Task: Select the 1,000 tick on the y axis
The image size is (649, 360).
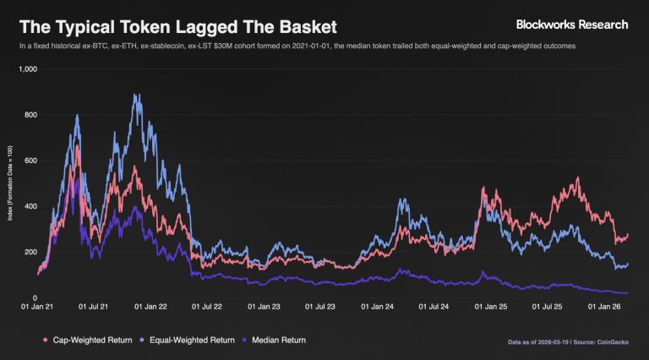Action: (x=29, y=69)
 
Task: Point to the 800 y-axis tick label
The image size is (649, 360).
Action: (x=31, y=115)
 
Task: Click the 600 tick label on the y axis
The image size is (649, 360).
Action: (x=31, y=161)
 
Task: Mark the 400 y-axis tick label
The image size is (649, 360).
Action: (x=31, y=206)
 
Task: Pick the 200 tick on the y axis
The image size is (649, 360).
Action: (x=31, y=252)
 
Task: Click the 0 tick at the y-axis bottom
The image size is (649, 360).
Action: (x=35, y=297)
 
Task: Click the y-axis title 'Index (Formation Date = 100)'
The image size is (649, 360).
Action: (x=10, y=183)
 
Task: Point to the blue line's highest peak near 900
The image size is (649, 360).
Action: (x=136, y=95)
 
